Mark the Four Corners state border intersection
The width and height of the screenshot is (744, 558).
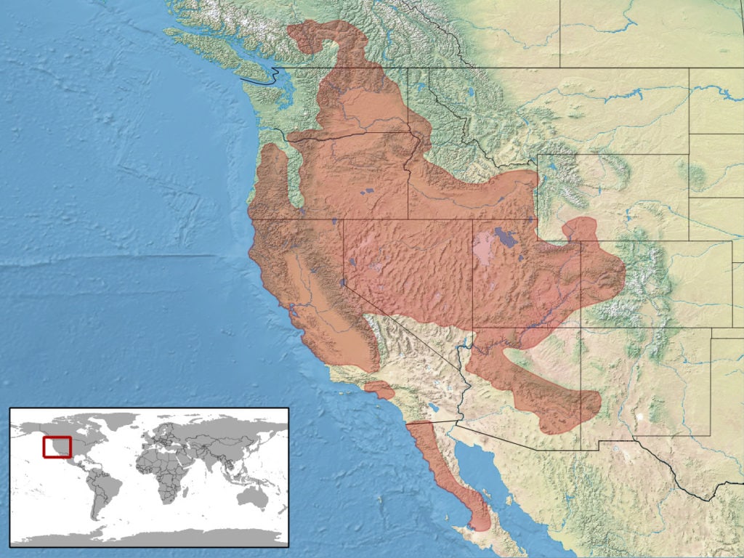[581, 328]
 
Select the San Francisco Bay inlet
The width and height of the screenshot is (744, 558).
[293, 314]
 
